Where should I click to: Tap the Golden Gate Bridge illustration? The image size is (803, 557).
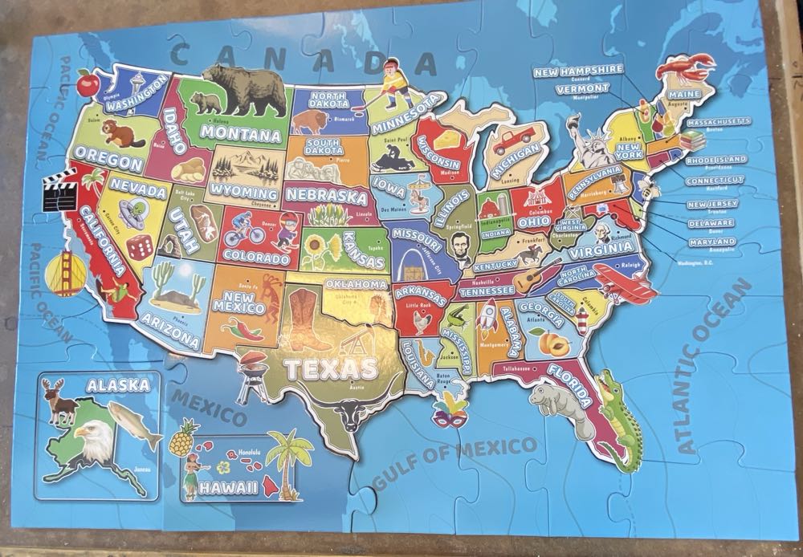(x=60, y=271)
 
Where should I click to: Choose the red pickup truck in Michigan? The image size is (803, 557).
(x=512, y=141)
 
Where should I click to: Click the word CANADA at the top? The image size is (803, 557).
(x=306, y=58)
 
